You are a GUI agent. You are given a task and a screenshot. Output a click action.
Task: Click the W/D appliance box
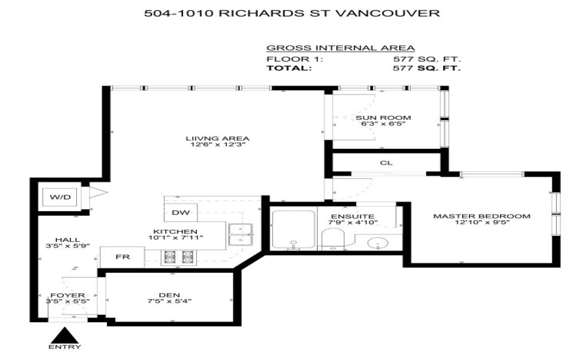click(x=60, y=197)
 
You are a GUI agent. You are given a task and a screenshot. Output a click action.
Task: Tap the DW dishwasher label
click(x=180, y=213)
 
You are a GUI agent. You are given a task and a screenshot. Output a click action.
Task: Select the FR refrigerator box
click(x=122, y=257)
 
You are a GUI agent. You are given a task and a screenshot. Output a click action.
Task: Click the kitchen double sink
click(x=241, y=235)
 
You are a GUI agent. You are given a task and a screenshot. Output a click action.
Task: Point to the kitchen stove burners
click(x=179, y=257)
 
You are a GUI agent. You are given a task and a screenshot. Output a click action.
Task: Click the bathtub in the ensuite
click(x=294, y=230)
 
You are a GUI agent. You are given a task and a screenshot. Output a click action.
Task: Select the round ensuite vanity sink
click(x=377, y=243)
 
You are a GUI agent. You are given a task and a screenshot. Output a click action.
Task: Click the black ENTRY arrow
click(x=64, y=335)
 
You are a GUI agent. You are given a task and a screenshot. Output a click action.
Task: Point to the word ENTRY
click(x=64, y=347)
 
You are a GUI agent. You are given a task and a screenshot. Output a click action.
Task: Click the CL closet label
click(x=386, y=163)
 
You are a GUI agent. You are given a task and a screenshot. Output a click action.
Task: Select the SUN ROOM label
click(x=383, y=118)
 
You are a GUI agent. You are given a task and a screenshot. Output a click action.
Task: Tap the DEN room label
click(x=169, y=295)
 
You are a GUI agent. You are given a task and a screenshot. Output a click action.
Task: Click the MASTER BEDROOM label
click(x=481, y=216)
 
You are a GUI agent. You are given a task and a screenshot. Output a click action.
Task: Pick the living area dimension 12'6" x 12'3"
click(x=218, y=145)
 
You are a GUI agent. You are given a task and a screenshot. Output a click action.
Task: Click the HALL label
click(x=67, y=240)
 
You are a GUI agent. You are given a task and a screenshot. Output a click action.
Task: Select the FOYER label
click(x=68, y=296)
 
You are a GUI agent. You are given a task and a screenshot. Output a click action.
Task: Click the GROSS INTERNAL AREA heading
click(x=341, y=48)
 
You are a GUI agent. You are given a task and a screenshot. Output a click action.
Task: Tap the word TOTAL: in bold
click(x=289, y=68)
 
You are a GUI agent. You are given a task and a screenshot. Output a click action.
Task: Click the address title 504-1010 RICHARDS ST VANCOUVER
click(x=292, y=14)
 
